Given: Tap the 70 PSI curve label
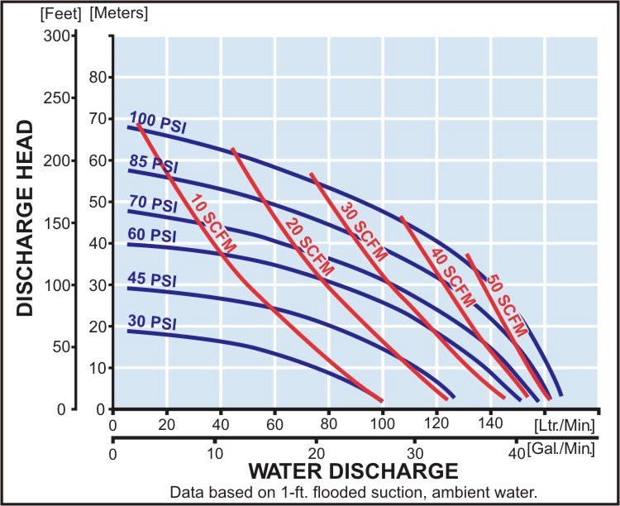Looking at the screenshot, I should pos(153,203).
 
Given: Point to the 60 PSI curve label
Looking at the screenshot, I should pos(153,235).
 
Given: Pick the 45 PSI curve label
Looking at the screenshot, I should pos(153,279).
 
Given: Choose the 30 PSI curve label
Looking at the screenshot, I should pos(153,322).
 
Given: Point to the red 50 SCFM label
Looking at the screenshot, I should pos(505,305).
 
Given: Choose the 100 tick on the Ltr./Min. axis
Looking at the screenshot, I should pos(383,426).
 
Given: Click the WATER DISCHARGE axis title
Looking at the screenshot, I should pos(353,472).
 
